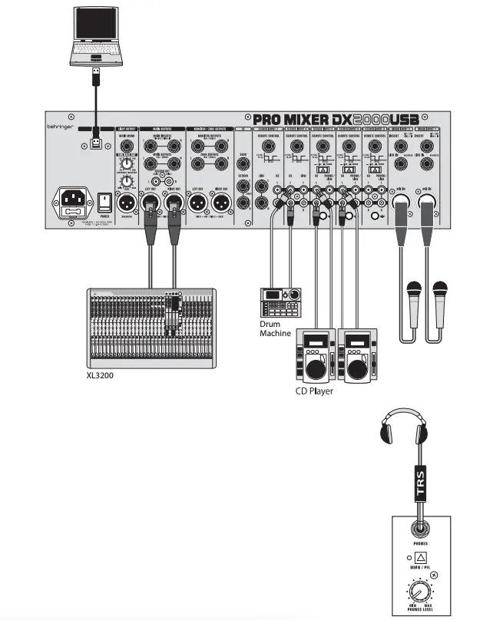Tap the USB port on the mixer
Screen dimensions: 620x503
pos(94,142)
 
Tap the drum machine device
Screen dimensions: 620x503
pos(280,302)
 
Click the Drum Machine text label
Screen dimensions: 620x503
pos(276,328)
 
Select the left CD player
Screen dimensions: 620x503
pos(315,357)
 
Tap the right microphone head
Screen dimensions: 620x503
pos(440,289)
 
